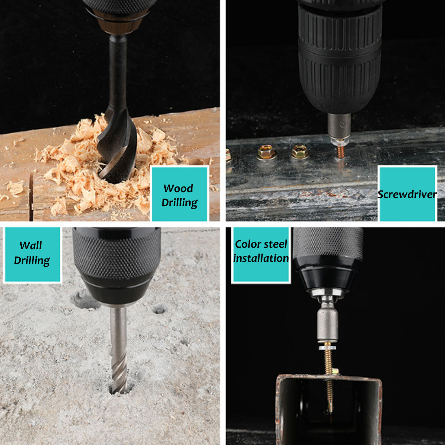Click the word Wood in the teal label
pos(178,188)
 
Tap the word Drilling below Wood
pos(179,203)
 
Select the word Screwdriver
pos(407,194)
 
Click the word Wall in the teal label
pos(31,245)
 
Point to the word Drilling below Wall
pos(32,260)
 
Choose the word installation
pos(261,258)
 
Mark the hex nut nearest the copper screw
pos(299,151)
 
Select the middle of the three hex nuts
pos(267,152)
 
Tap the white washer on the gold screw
pos(327,347)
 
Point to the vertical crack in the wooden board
pos(31,195)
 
